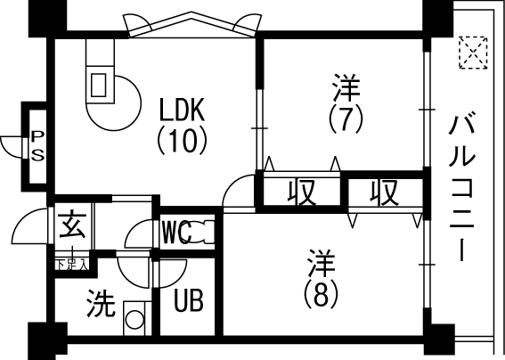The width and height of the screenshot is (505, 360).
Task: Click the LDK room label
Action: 182,110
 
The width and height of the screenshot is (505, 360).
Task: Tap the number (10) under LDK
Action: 182,140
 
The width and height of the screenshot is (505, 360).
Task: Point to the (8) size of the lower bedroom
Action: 322,294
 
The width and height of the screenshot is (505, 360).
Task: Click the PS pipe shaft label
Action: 37,145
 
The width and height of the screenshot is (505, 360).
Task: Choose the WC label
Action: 176,232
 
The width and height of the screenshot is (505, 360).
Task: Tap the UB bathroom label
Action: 189,300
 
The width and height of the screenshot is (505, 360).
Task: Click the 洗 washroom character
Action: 101,303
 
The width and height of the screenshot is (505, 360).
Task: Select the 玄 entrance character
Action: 73,225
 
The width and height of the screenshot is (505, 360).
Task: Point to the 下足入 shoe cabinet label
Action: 71,265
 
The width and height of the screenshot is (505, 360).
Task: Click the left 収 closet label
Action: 301,192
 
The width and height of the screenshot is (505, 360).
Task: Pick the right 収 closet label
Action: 384,192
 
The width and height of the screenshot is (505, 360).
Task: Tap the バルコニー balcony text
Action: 462,186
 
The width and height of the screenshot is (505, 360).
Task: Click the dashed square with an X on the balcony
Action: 473,53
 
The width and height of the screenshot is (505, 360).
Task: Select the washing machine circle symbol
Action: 134,319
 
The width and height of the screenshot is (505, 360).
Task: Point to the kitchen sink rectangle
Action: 99,85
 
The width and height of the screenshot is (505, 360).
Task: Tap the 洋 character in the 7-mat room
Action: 346,87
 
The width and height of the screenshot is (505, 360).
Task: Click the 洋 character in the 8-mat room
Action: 322,263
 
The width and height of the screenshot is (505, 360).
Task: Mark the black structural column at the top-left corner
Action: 48,19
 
